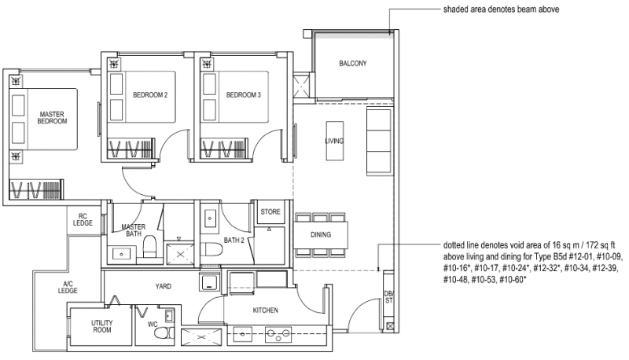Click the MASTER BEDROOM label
coord(52,118)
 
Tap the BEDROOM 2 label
coord(149,95)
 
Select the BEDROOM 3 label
coord(243,95)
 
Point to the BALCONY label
coord(353,64)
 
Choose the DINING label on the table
coord(320,234)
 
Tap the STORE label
coord(270,211)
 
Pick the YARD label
coord(163,286)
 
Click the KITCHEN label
coord(266,310)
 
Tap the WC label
coord(153,322)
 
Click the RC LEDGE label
coord(83,220)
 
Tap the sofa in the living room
coord(379,141)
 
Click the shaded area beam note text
coord(495,9)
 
